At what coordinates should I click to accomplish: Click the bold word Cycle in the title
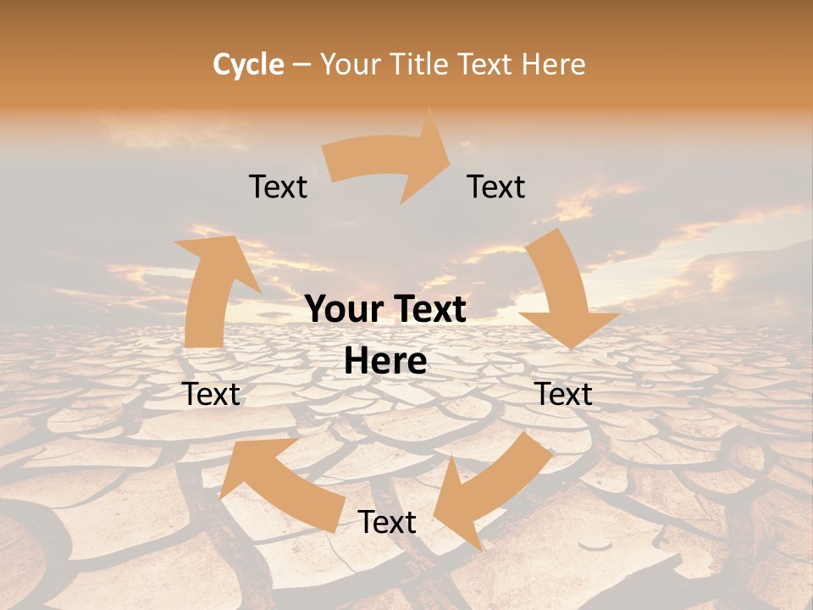click(x=248, y=64)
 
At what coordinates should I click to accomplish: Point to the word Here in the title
click(x=553, y=64)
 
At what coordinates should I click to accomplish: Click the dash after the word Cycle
click(x=301, y=65)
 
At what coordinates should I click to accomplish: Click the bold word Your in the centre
click(x=346, y=309)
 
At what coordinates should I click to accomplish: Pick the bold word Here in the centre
click(x=385, y=361)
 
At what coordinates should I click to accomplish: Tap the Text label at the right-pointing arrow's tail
click(x=278, y=186)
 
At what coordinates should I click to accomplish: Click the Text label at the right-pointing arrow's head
click(x=496, y=186)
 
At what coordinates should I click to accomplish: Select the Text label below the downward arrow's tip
click(x=563, y=394)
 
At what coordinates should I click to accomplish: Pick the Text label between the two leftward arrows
click(x=387, y=522)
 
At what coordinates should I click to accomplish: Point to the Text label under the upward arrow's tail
click(x=212, y=394)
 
